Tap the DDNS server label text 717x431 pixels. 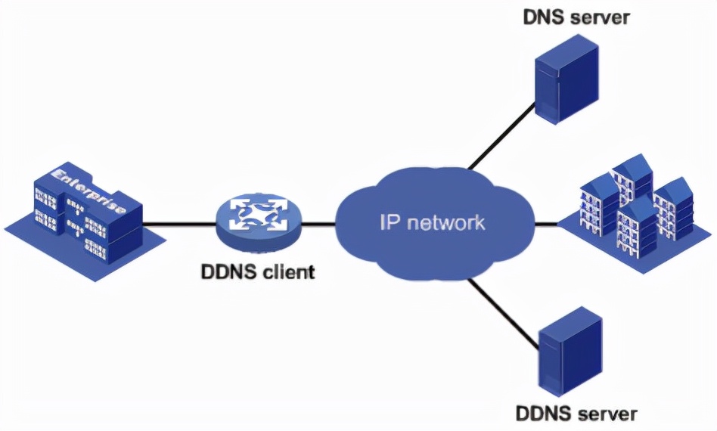pos(576,414)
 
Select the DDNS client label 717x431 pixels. pos(258,271)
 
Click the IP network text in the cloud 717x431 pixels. pos(432,223)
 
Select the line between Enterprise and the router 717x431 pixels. pos(177,224)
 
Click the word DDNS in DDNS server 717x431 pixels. pos(546,414)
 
